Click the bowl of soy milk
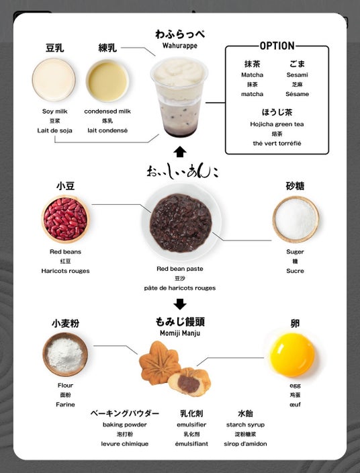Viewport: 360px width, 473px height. (x=54, y=80)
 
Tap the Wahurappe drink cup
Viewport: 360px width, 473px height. (x=179, y=97)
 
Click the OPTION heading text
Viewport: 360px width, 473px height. (x=277, y=46)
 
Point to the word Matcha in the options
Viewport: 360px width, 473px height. (x=252, y=75)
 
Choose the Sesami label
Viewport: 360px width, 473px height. (x=297, y=75)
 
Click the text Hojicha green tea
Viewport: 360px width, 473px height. (x=277, y=124)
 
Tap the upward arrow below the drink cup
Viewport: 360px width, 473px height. (x=180, y=152)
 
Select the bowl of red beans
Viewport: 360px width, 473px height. (x=65, y=219)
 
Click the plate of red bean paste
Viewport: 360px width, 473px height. (x=181, y=222)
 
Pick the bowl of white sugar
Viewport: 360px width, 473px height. (x=296, y=219)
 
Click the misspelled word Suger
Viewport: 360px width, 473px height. (x=295, y=251)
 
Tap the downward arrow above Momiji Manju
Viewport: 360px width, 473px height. (x=180, y=304)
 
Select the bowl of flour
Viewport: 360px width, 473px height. (x=65, y=355)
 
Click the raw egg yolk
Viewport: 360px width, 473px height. (x=292, y=355)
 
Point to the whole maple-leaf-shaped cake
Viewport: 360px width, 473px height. (x=159, y=362)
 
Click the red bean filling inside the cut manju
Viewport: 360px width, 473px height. (x=189, y=382)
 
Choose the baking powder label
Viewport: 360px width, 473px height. (x=124, y=425)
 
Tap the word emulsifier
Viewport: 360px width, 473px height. (x=191, y=425)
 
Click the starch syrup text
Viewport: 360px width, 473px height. (x=245, y=425)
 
